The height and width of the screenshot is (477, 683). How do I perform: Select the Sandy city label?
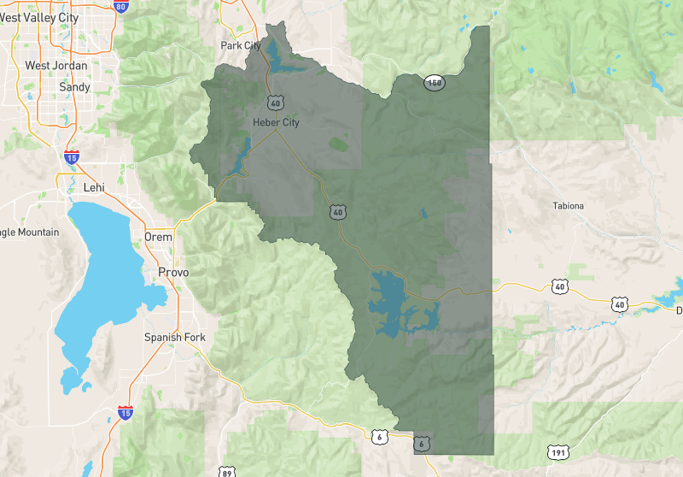click(x=74, y=87)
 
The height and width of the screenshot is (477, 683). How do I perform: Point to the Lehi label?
click(x=93, y=187)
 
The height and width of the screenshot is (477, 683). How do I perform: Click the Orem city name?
click(x=158, y=237)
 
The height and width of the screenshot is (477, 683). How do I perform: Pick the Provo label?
click(x=173, y=273)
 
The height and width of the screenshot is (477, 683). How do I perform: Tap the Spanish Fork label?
click(x=175, y=337)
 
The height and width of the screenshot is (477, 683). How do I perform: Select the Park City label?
click(x=241, y=45)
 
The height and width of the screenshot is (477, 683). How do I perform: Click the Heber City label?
click(x=276, y=122)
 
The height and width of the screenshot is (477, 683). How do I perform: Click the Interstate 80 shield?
click(x=120, y=8)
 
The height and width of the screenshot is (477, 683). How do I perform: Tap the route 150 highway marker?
click(x=434, y=81)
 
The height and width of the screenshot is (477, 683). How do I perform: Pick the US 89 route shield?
click(x=226, y=472)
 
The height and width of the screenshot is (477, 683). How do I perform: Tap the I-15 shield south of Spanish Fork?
click(x=125, y=414)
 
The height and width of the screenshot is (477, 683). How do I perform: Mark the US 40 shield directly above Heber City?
click(x=275, y=103)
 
